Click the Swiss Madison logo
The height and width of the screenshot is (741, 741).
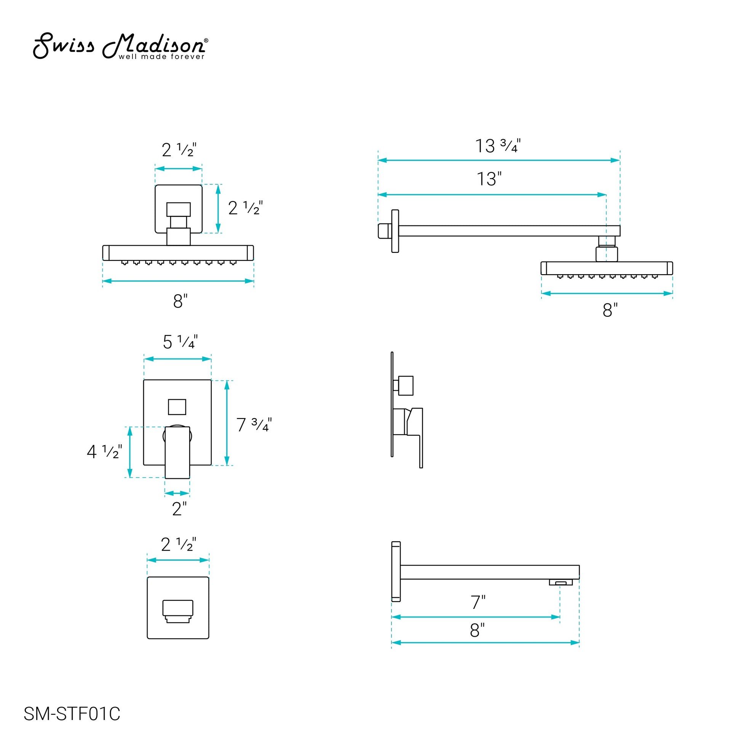pyautogui.click(x=120, y=46)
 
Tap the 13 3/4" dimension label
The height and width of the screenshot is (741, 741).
pyautogui.click(x=498, y=146)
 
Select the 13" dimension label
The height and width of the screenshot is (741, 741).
pyautogui.click(x=489, y=179)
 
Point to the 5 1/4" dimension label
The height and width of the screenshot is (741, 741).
pyautogui.click(x=180, y=342)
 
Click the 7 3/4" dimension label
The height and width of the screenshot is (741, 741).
pyautogui.click(x=254, y=425)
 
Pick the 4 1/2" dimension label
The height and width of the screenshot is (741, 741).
pyautogui.click(x=104, y=452)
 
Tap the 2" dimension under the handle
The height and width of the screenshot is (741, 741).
pyautogui.click(x=179, y=509)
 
